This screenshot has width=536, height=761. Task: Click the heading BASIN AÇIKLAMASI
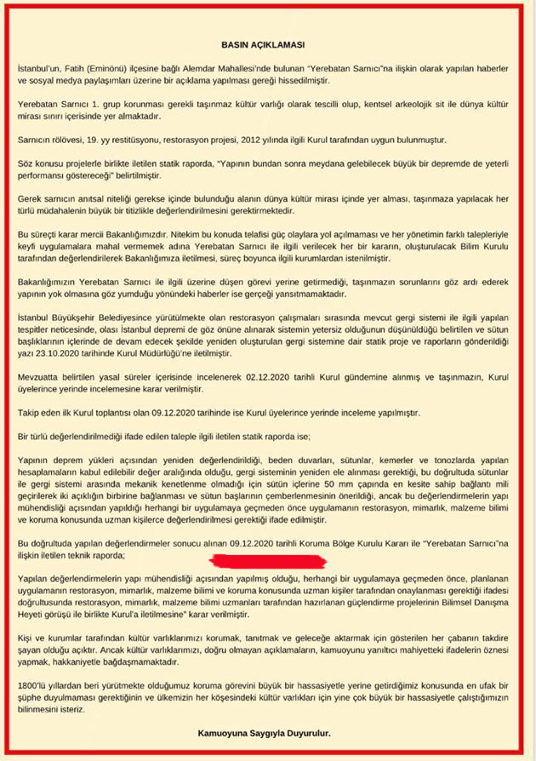click(x=268, y=42)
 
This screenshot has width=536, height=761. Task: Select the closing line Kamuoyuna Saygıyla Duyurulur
click(x=266, y=730)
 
